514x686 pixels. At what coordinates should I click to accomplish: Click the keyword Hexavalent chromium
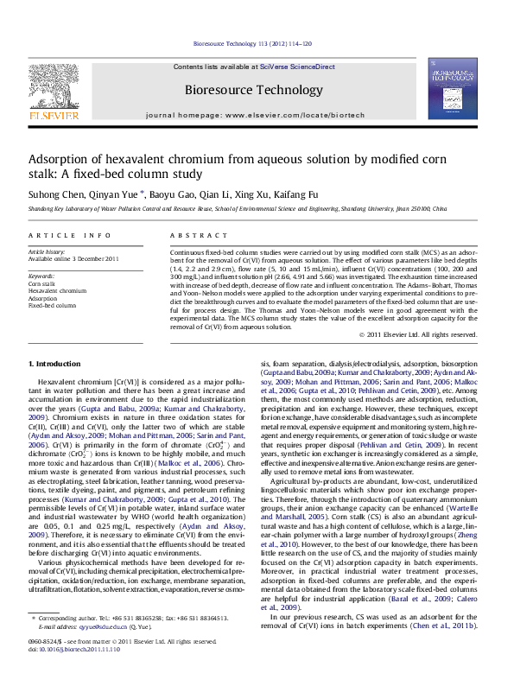click(x=57, y=291)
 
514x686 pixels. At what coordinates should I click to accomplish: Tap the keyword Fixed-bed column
click(x=52, y=305)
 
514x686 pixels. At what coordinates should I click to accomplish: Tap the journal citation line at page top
click(x=264, y=43)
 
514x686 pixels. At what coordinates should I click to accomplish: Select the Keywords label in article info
click(x=41, y=276)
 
